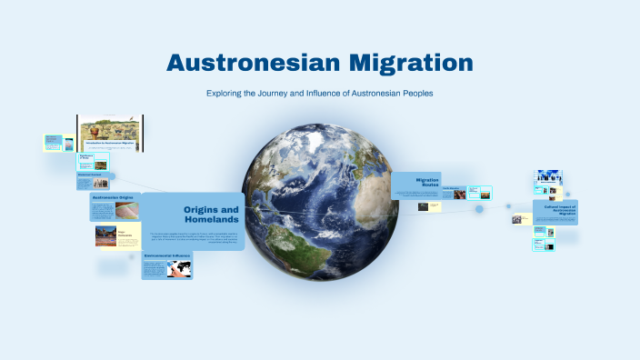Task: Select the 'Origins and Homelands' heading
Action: click(211, 215)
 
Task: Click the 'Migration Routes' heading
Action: click(427, 181)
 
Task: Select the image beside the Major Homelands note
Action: click(105, 236)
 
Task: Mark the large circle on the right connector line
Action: click(479, 209)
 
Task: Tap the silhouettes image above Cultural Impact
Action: click(548, 178)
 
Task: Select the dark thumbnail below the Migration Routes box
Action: click(424, 206)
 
